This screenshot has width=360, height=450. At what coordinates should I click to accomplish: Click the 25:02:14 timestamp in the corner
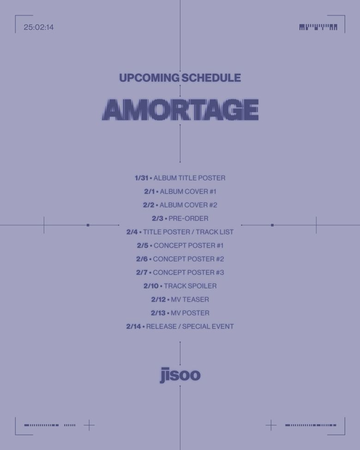pos(39,27)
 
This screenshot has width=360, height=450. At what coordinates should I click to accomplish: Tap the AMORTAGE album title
pos(180,110)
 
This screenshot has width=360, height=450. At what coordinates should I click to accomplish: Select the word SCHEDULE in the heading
pos(211,78)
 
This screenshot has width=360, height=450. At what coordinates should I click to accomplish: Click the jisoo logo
pos(180,375)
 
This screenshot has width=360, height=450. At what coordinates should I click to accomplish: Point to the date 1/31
pos(141,178)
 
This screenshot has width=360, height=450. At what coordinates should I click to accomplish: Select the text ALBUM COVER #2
pos(188,205)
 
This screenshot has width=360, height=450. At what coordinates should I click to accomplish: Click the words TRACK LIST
pos(215,232)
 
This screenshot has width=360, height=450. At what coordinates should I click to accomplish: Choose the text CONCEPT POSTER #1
pos(188,246)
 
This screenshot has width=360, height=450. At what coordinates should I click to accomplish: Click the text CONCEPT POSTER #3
pos(188,272)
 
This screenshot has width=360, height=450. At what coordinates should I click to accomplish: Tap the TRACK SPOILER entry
pos(190,286)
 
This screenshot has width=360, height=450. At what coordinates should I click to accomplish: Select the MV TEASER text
pos(190,300)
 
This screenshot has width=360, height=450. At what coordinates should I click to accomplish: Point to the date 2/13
pos(158,313)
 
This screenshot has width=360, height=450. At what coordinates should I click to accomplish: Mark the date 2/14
pos(133,326)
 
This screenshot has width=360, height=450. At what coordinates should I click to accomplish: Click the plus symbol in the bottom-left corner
pos(89,425)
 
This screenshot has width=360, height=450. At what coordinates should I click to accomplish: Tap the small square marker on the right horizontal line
pos(272,225)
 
